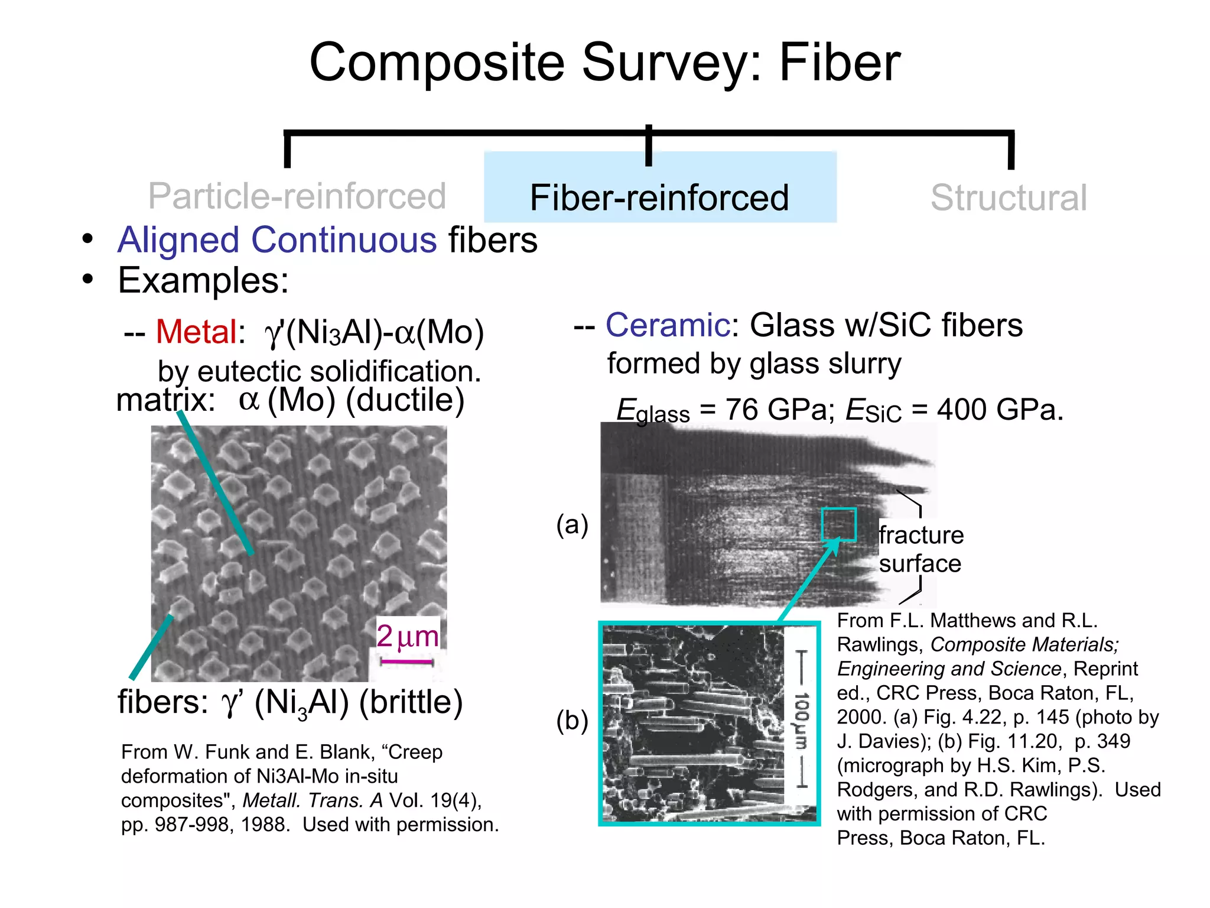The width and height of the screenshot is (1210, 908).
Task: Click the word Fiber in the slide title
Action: [839, 64]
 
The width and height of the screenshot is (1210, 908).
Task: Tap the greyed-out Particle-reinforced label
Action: [297, 196]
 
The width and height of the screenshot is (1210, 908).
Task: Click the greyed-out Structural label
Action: [1008, 197]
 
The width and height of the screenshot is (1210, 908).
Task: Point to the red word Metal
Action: [196, 332]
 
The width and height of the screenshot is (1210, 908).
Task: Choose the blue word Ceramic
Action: [667, 325]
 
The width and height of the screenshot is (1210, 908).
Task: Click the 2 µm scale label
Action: [408, 636]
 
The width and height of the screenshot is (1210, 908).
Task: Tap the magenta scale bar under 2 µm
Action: [407, 661]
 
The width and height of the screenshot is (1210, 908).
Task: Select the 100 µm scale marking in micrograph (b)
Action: [801, 719]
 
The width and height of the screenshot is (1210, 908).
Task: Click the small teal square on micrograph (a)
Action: [838, 524]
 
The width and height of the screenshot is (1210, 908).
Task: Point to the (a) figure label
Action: [572, 525]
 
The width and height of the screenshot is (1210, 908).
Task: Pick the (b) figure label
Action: [572, 721]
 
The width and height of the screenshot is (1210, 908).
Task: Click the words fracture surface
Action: [920, 549]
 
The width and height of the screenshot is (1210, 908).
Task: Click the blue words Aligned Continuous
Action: [277, 240]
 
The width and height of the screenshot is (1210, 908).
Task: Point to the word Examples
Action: [203, 280]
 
